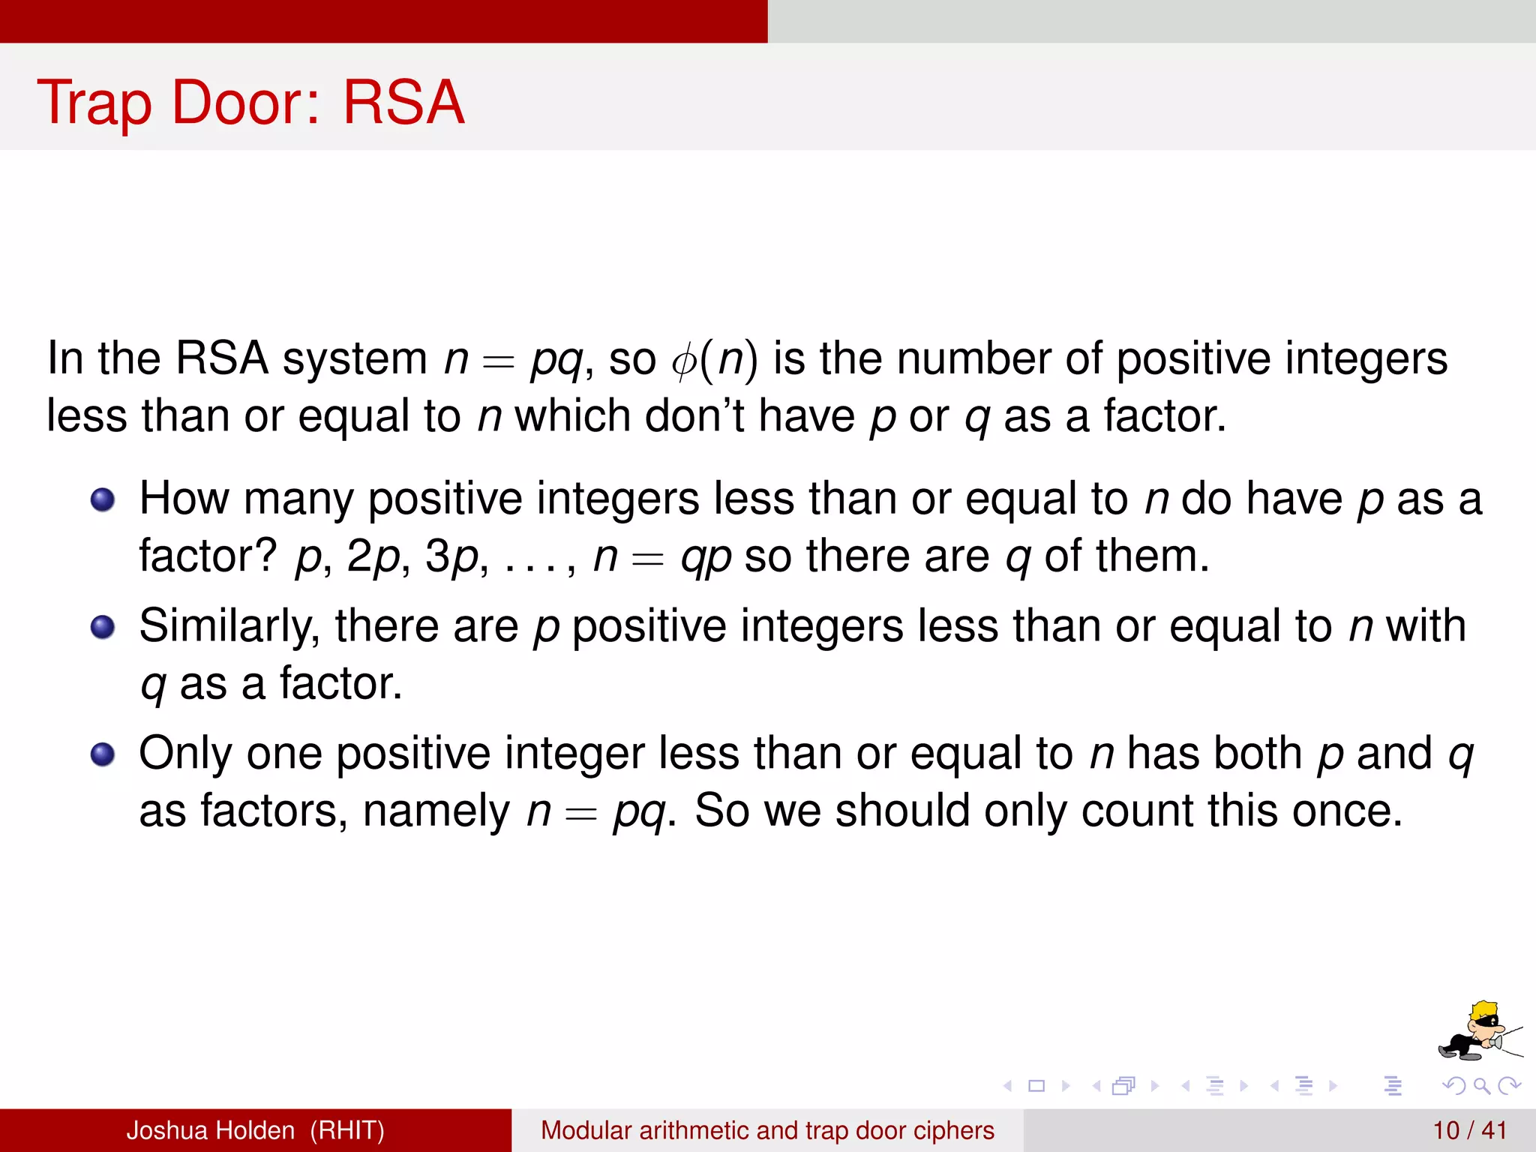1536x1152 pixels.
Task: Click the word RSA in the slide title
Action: coord(403,102)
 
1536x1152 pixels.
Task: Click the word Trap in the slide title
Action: coord(94,103)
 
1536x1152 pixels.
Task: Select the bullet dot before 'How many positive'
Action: coord(103,499)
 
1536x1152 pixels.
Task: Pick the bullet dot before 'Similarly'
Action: coord(103,627)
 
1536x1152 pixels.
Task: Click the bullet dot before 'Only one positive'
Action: coord(103,754)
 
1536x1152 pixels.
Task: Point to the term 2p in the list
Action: coord(373,557)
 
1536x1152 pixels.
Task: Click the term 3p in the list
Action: coord(452,557)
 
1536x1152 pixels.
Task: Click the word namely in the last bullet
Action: coord(436,811)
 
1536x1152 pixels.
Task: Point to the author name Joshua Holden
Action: coord(210,1130)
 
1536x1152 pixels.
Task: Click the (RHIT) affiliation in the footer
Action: coord(347,1130)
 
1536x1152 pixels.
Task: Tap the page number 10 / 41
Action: coord(1469,1130)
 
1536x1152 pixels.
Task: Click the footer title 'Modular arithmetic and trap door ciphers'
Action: coord(767,1130)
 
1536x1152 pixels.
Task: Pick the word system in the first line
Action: coord(355,358)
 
